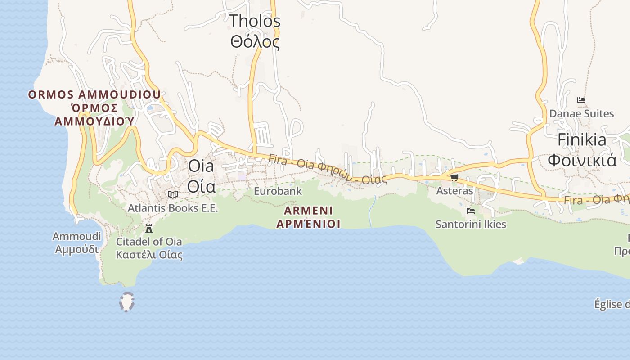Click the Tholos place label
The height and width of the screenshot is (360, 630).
point(255,21)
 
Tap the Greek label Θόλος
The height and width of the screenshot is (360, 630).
point(255,42)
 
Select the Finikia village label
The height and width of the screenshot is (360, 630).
point(582,140)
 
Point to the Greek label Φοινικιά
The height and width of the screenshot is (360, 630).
point(582,160)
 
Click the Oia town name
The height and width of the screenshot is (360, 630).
point(201,166)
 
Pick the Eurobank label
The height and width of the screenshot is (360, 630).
point(278,191)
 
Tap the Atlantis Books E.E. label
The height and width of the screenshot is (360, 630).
point(173,208)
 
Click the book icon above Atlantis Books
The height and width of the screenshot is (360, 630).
point(173,195)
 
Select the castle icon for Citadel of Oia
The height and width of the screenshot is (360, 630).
point(149,228)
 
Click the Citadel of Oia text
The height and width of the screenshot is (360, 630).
point(149,242)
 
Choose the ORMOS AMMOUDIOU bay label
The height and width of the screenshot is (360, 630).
point(94,95)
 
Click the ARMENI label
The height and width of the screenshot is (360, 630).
point(309,211)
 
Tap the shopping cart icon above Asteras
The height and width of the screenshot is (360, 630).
point(454,178)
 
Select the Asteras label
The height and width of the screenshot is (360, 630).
point(455,191)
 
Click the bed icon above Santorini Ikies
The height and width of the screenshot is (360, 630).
point(471,211)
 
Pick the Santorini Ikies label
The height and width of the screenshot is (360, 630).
point(471,224)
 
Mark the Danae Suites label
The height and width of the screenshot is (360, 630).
point(581,113)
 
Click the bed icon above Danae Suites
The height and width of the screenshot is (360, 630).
point(581,100)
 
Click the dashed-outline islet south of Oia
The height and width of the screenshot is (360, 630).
point(127,302)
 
